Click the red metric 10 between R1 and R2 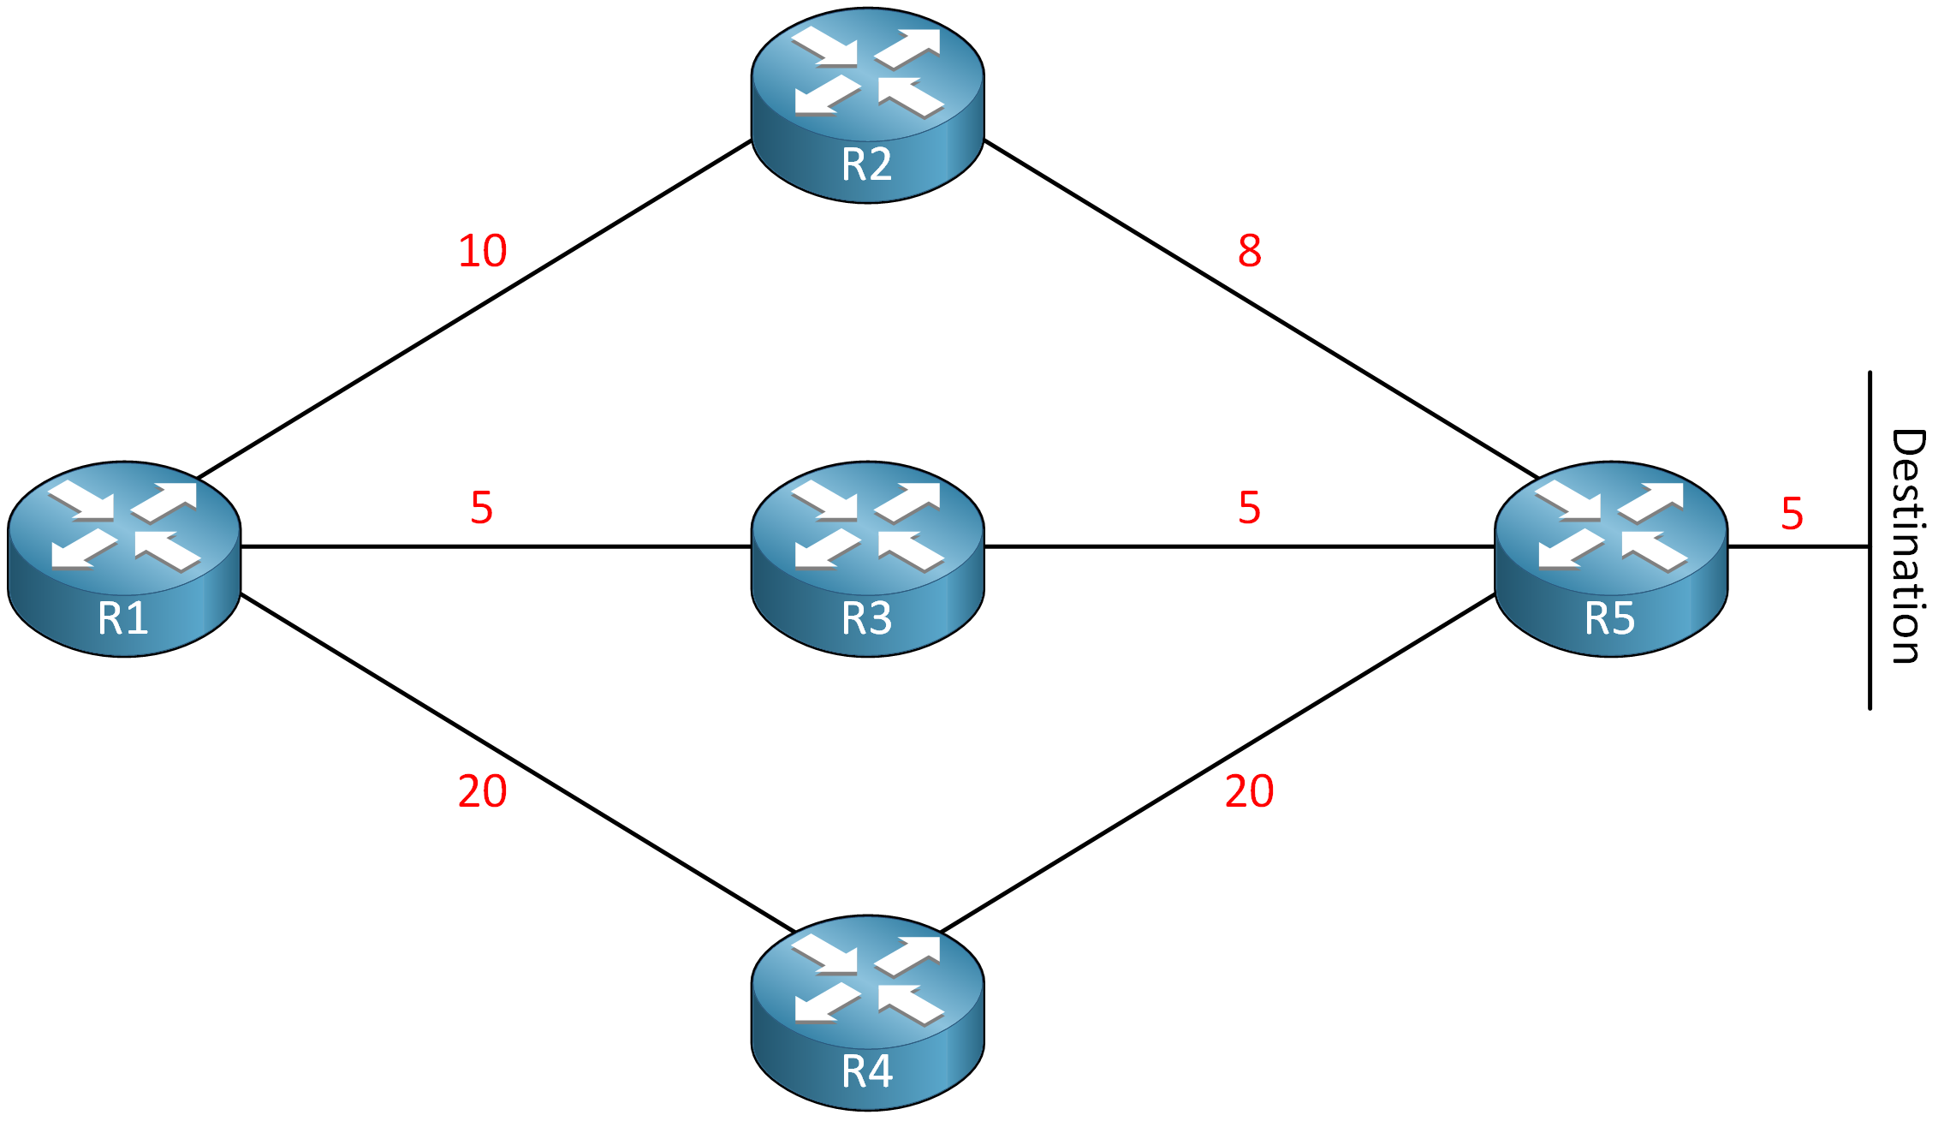(483, 251)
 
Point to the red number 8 (1249, 251)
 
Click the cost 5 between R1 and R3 (482, 508)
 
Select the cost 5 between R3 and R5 (1249, 508)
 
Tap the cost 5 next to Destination (1792, 513)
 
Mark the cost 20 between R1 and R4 (483, 790)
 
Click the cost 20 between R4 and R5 (1249, 790)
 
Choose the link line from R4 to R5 (1216, 762)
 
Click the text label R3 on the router (866, 617)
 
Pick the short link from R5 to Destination (1798, 546)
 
